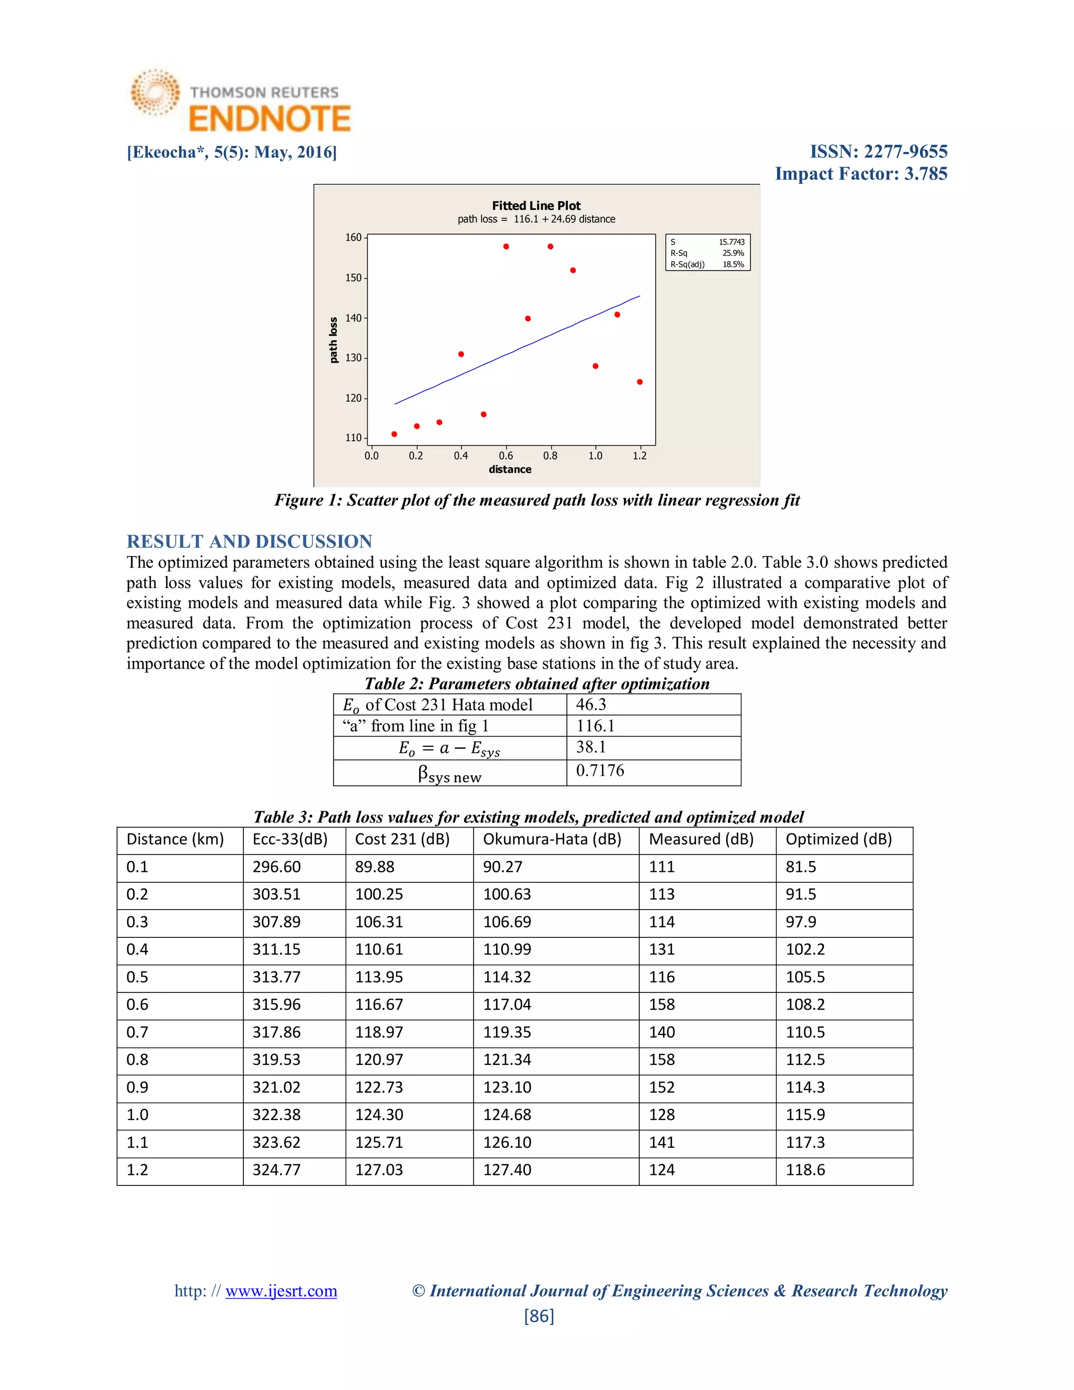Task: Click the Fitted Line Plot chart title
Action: [536, 206]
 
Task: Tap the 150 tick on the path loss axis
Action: [353, 278]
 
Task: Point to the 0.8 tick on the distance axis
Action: [550, 456]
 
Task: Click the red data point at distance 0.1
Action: [394, 434]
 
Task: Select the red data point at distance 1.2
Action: [639, 382]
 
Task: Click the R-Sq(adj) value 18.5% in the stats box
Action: [733, 265]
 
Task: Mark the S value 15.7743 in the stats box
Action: [732, 242]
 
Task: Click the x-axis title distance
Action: [510, 469]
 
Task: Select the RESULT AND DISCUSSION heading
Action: [250, 542]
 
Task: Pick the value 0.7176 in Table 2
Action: [600, 771]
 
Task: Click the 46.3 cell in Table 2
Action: [591, 704]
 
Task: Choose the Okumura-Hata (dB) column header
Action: [552, 839]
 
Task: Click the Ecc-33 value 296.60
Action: [277, 867]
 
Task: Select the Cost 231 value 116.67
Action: [379, 1005]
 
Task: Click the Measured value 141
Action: [662, 1142]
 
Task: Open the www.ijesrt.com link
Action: [281, 1291]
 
